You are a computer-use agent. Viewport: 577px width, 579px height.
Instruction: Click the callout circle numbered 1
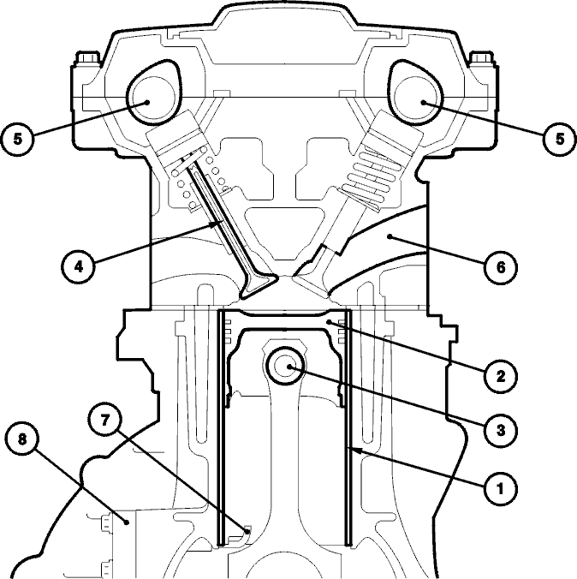pyautogui.click(x=500, y=489)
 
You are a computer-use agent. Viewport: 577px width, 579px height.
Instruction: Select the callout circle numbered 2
pyautogui.click(x=500, y=377)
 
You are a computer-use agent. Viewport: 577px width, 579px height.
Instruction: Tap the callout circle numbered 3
pyautogui.click(x=500, y=430)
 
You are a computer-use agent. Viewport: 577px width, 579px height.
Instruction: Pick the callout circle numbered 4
pyautogui.click(x=78, y=266)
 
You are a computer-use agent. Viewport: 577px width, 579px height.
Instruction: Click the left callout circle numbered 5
pyautogui.click(x=17, y=140)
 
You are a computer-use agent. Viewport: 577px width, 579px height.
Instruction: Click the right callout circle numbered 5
pyautogui.click(x=560, y=140)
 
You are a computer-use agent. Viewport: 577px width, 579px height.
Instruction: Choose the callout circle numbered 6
pyautogui.click(x=500, y=267)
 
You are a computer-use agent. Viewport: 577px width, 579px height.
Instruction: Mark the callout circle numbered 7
pyautogui.click(x=104, y=420)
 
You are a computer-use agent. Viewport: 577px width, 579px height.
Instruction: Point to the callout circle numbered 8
pyautogui.click(x=22, y=439)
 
